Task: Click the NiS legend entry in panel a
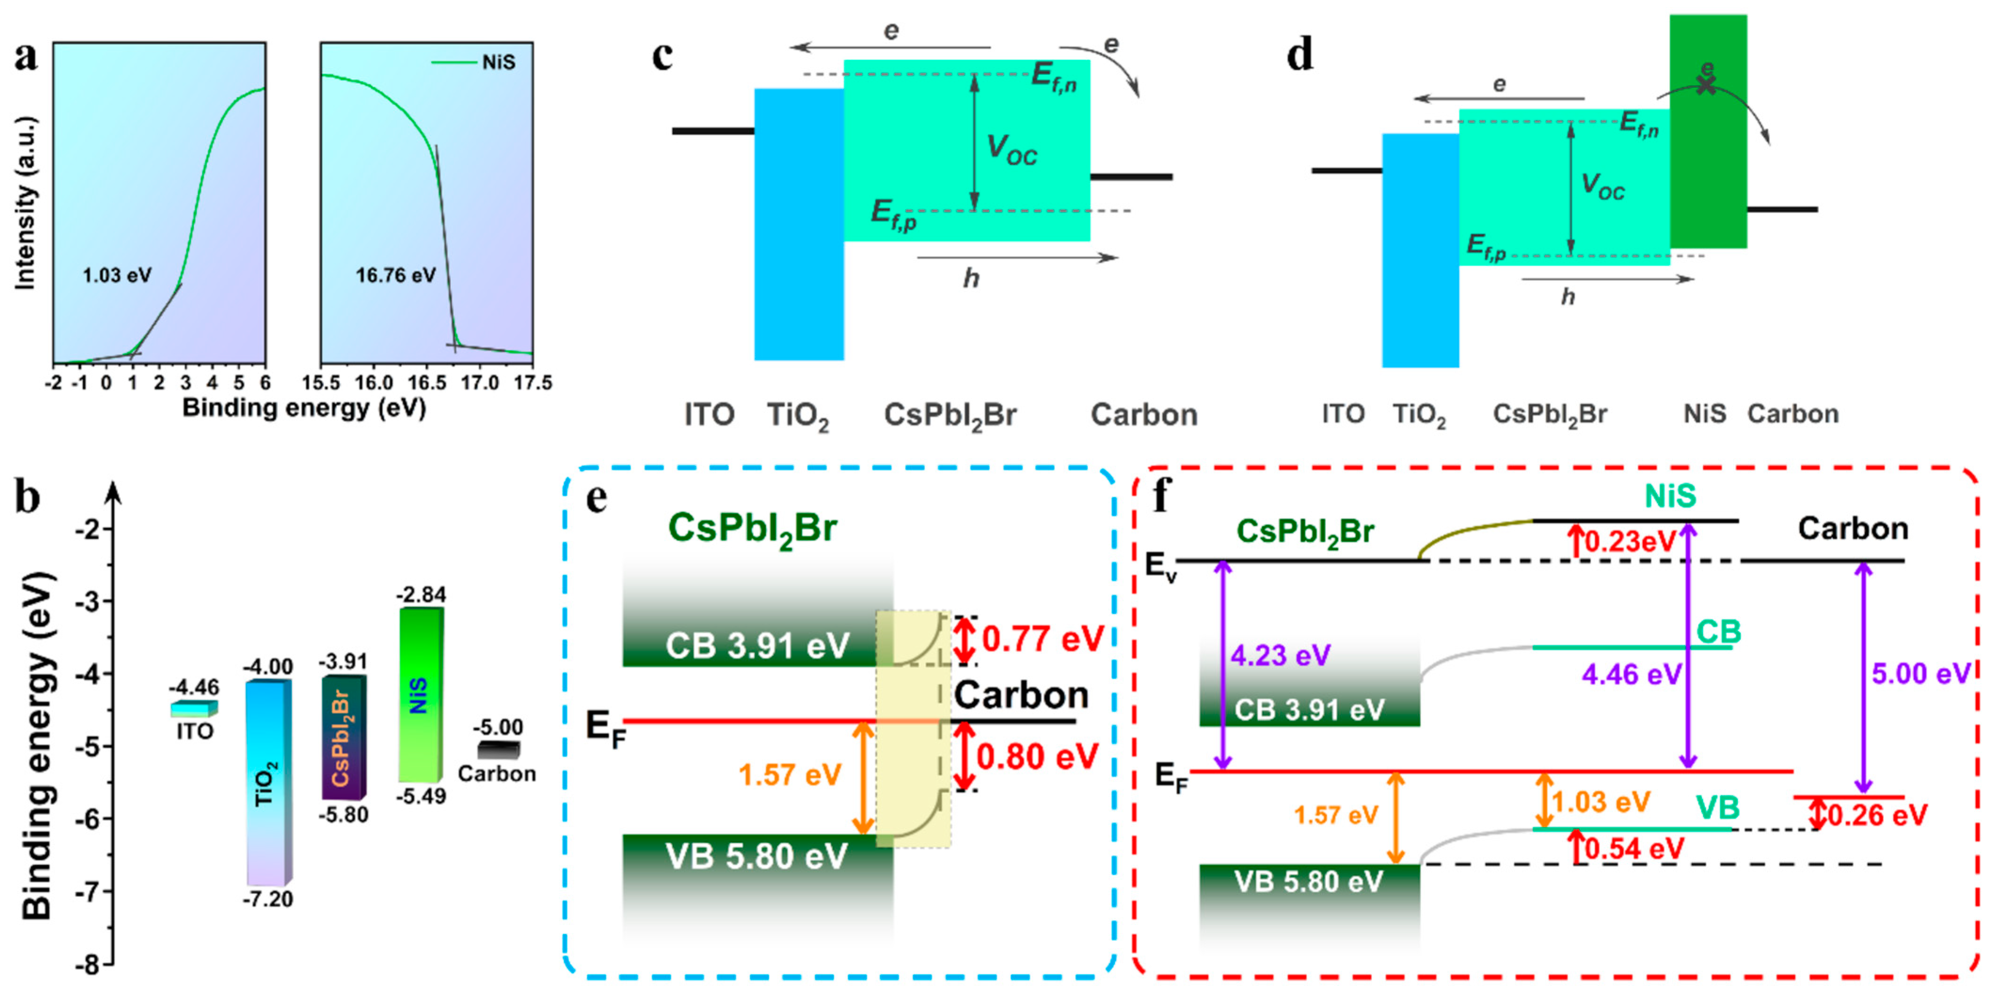pos(498,62)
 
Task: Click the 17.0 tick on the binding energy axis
pos(480,383)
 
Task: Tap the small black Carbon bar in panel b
pos(498,749)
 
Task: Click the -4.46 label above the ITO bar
pos(194,687)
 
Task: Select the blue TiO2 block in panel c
pos(798,224)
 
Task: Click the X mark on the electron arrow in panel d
pos(1706,85)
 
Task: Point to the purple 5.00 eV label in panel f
pos(1920,673)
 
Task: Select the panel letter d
pos(1300,55)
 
